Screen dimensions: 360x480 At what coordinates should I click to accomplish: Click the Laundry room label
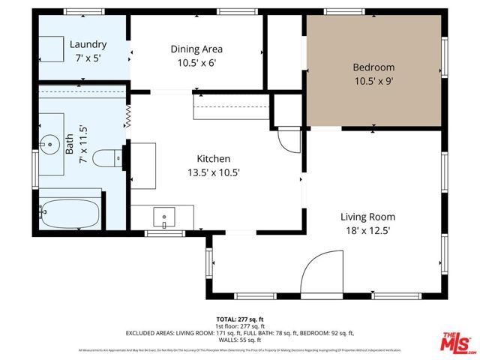pos(88,44)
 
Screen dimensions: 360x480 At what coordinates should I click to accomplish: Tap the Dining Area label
pos(196,49)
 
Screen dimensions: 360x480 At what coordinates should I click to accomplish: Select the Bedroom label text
pos(373,67)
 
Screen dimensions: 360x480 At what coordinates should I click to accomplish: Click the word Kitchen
pos(213,159)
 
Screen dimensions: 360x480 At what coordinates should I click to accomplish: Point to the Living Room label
pos(367,217)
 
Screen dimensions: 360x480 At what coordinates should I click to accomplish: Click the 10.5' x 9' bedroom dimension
pos(373,82)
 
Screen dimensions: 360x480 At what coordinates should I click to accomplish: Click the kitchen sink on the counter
pos(164,218)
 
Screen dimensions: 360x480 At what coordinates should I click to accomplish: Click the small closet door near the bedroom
pos(288,138)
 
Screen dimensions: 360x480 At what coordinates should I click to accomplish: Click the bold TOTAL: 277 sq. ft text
pos(240,319)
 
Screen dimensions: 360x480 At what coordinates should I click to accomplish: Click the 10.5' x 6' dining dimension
pos(196,64)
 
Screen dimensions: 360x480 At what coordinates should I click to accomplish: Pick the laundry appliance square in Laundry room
pos(52,49)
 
